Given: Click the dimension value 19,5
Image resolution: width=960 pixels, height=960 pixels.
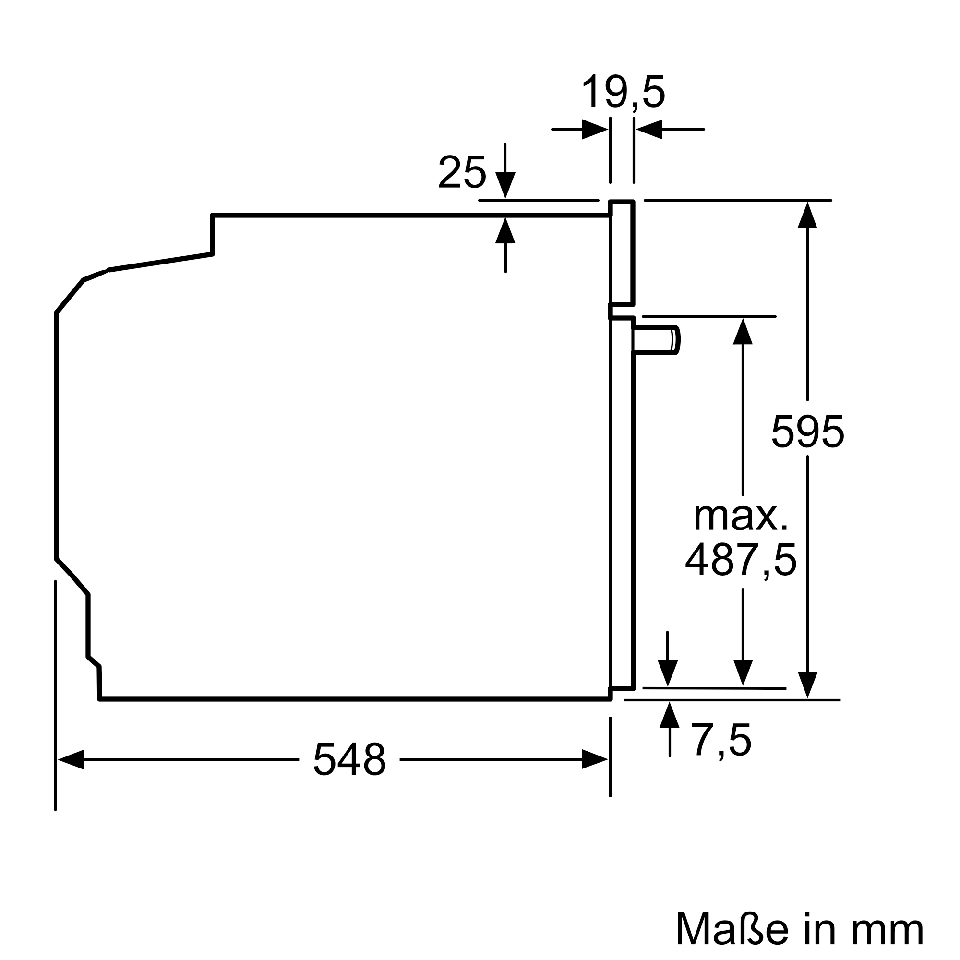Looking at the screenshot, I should click(x=623, y=92).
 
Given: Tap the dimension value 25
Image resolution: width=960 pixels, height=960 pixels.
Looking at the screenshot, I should click(x=462, y=172).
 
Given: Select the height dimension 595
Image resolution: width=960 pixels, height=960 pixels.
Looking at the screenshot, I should click(x=807, y=432).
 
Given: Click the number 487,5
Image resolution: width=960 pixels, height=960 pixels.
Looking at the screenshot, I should click(x=741, y=560).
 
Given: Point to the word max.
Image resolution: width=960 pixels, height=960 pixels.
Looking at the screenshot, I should click(x=741, y=517).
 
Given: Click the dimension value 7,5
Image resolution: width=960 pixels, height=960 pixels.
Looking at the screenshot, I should click(x=721, y=741).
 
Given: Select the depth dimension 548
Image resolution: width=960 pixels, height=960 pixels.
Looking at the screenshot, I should click(x=349, y=759).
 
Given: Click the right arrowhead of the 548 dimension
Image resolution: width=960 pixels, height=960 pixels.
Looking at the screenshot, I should click(x=594, y=759).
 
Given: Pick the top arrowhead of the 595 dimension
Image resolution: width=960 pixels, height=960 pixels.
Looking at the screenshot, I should click(x=807, y=216).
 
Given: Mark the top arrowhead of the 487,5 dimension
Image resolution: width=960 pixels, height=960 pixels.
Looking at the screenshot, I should click(x=743, y=331).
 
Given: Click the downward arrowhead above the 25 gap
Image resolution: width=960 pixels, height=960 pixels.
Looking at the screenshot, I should click(x=505, y=184).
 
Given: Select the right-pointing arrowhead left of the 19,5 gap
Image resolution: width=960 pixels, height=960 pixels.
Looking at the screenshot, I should click(x=594, y=129).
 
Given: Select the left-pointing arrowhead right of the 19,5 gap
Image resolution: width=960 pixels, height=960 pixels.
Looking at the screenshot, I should click(x=649, y=129).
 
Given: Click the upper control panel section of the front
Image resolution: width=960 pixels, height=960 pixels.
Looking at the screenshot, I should click(x=622, y=252).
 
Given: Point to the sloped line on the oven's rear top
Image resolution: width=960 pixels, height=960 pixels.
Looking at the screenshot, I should click(x=160, y=263).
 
